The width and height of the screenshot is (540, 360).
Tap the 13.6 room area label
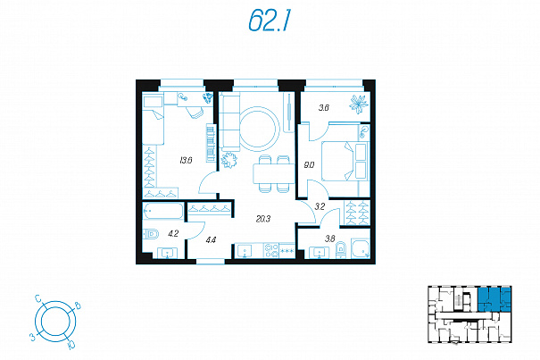click(x=186, y=160)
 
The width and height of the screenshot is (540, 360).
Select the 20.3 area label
click(x=263, y=219)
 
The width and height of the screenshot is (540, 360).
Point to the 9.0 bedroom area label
click(x=309, y=165)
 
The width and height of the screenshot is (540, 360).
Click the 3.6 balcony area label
click(x=324, y=108)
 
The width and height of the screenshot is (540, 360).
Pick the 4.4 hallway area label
click(x=211, y=239)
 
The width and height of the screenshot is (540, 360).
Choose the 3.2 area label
click(x=320, y=207)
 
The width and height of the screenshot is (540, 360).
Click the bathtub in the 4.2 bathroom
click(x=163, y=211)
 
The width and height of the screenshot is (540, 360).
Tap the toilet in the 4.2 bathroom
click(x=151, y=234)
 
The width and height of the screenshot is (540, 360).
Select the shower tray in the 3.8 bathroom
click(x=361, y=248)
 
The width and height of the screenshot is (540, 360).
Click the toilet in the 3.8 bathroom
click(x=341, y=249)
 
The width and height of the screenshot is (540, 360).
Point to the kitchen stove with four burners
click(x=271, y=251)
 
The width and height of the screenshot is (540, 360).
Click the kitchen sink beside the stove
click(x=245, y=251)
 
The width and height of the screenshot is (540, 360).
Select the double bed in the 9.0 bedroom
click(x=345, y=161)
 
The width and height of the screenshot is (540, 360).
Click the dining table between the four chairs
click(x=273, y=173)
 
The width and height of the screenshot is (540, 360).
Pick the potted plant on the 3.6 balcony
click(x=358, y=105)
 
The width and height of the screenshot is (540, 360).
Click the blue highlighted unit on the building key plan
click(x=494, y=298)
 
